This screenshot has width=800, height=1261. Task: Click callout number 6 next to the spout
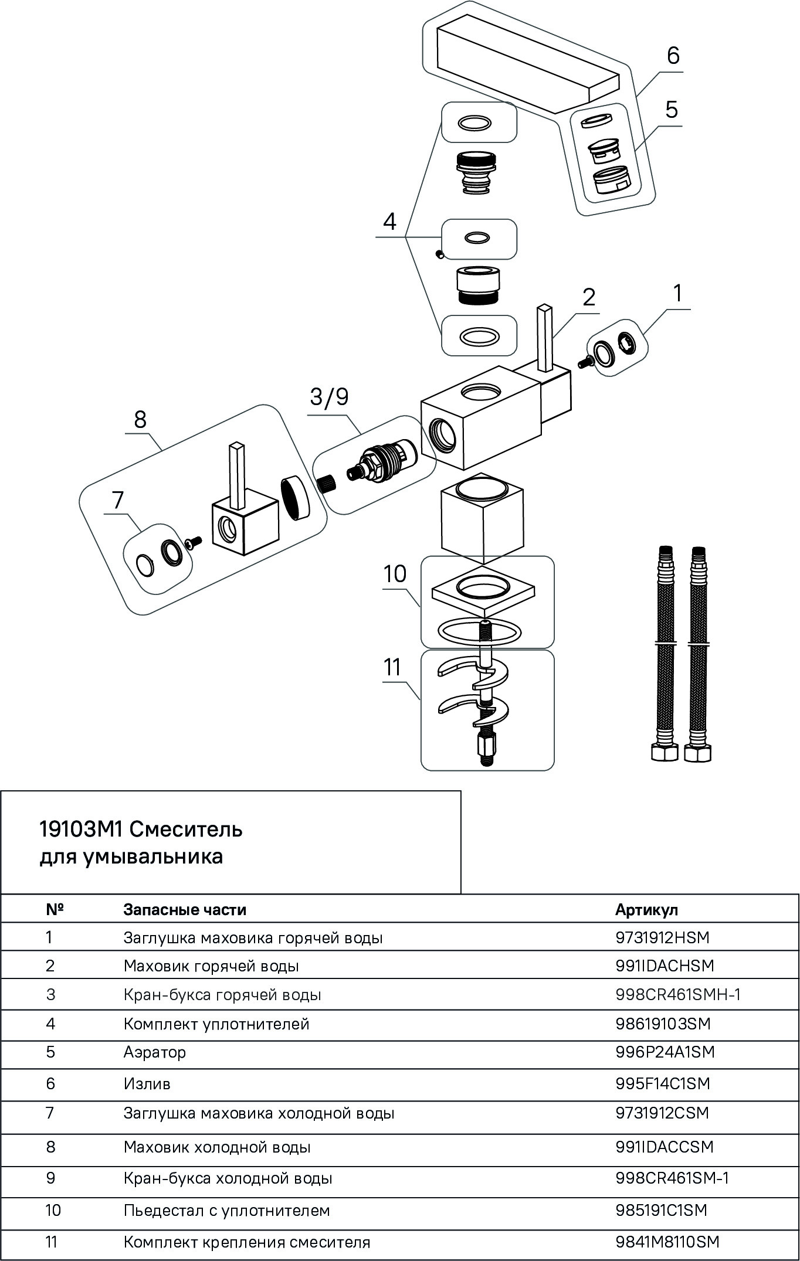tap(673, 56)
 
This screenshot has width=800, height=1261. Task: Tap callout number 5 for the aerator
tap(672, 109)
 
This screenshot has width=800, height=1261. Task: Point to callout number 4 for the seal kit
tap(389, 222)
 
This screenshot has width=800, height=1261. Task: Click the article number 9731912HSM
tap(662, 937)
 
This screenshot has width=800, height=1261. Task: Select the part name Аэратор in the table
tap(154, 1052)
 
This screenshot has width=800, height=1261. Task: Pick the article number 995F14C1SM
tap(663, 1083)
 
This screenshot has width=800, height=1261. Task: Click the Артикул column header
tap(646, 909)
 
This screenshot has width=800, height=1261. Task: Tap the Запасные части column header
tap(185, 909)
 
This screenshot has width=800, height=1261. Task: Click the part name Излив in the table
tap(147, 1083)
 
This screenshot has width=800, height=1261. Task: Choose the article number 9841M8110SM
tap(667, 1242)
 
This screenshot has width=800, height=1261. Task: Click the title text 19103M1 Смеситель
tap(141, 830)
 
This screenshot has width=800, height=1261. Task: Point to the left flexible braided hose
tap(664, 651)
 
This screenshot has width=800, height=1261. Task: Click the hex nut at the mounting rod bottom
tap(487, 748)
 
